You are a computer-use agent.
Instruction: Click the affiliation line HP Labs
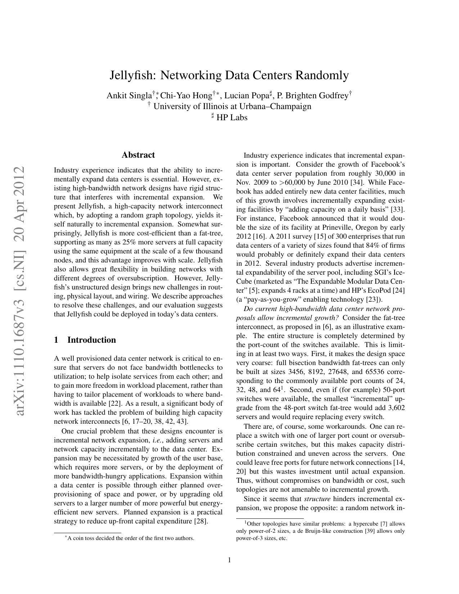tap(231, 117)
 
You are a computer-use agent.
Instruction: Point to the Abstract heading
tap(138, 155)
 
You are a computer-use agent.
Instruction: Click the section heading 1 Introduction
tap(85, 340)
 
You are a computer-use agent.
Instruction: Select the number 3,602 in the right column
tap(395, 408)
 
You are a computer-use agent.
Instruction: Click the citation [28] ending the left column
tap(201, 521)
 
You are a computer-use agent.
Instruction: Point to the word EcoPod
tap(379, 291)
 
